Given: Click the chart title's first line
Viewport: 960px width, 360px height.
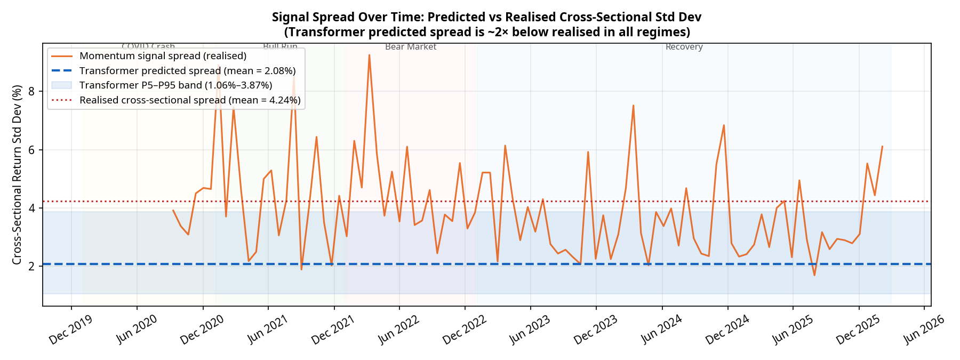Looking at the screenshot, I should click(486, 17).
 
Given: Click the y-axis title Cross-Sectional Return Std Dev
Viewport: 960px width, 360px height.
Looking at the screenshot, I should click(17, 174).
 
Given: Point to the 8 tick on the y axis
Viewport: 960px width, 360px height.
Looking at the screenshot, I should click(31, 91).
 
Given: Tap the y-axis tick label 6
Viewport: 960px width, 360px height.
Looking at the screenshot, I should click(31, 150).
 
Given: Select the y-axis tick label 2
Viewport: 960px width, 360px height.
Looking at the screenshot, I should click(31, 266).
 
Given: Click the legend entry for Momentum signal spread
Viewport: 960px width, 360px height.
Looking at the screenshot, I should click(163, 56).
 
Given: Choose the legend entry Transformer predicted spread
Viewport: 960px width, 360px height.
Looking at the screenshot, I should click(187, 71).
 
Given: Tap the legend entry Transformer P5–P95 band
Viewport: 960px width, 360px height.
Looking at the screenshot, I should click(175, 85).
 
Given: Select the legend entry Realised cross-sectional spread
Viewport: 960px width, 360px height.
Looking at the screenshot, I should click(190, 100).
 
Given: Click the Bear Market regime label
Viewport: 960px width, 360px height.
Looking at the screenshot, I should click(411, 47).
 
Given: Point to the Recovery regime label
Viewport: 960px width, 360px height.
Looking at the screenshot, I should click(684, 47).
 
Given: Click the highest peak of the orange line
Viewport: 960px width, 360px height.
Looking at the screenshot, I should click(369, 55).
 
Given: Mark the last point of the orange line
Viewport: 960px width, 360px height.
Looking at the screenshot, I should click(882, 146).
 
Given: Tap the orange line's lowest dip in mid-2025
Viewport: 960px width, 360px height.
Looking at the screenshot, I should click(814, 275).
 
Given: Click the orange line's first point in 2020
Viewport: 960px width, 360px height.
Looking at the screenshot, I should click(173, 210).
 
